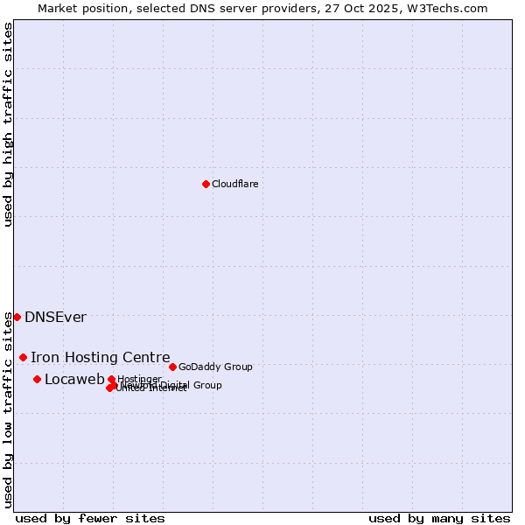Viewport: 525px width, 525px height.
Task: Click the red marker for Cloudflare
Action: pyautogui.click(x=206, y=184)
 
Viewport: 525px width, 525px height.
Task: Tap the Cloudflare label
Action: pyautogui.click(x=234, y=184)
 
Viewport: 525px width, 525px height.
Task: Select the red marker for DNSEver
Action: pyautogui.click(x=17, y=317)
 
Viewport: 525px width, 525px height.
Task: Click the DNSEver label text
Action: pyautogui.click(x=55, y=317)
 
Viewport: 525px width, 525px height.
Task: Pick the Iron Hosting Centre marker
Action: pyautogui.click(x=24, y=357)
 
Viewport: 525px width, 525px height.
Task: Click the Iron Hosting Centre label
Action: pyautogui.click(x=100, y=357)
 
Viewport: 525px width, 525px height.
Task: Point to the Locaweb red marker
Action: pyautogui.click(x=37, y=379)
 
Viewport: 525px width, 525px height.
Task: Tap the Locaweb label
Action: pyautogui.click(x=73, y=379)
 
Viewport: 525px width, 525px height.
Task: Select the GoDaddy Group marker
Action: pyautogui.click(x=172, y=367)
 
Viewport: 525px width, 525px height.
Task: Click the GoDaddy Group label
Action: pyautogui.click(x=215, y=367)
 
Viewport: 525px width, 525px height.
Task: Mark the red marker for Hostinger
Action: pyautogui.click(x=111, y=379)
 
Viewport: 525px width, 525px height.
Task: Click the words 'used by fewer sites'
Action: pyautogui.click(x=90, y=518)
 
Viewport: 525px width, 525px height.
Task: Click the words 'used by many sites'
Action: pyautogui.click(x=439, y=518)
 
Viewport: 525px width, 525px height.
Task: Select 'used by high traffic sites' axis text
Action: pyautogui.click(x=9, y=124)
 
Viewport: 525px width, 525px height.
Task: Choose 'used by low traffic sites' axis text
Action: pyautogui.click(x=9, y=409)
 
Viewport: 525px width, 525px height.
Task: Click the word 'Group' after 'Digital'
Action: pyautogui.click(x=207, y=385)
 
